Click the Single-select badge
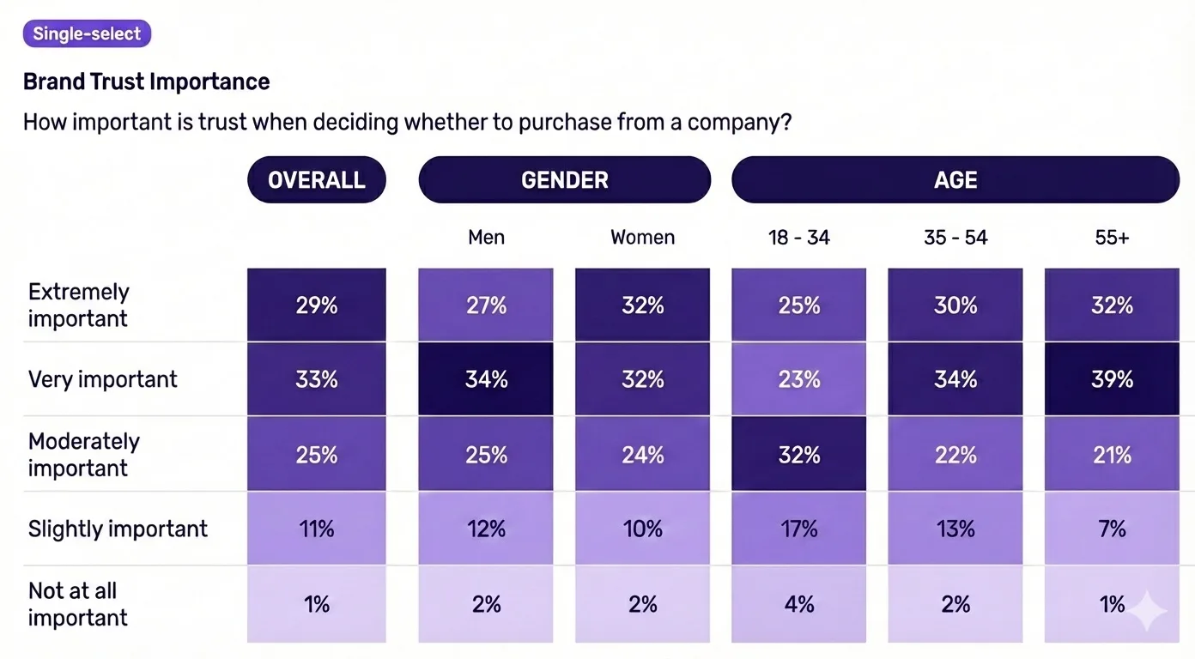(x=88, y=34)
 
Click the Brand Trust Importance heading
(x=146, y=82)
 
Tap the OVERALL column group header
(x=317, y=180)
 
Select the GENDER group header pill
(x=565, y=180)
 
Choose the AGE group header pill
(x=955, y=180)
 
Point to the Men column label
(x=486, y=238)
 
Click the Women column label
(x=642, y=238)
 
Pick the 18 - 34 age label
(x=798, y=238)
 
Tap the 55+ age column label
(x=1112, y=238)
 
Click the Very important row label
(x=103, y=379)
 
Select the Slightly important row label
(x=118, y=529)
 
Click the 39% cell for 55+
(x=1112, y=379)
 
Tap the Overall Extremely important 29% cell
(x=317, y=305)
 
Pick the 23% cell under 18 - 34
(x=798, y=379)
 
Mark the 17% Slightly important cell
(x=798, y=529)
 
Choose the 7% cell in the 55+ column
(x=1112, y=529)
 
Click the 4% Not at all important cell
(x=798, y=604)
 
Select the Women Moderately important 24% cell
(x=642, y=454)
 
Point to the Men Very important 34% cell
(x=486, y=379)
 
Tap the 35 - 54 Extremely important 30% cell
(x=955, y=305)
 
